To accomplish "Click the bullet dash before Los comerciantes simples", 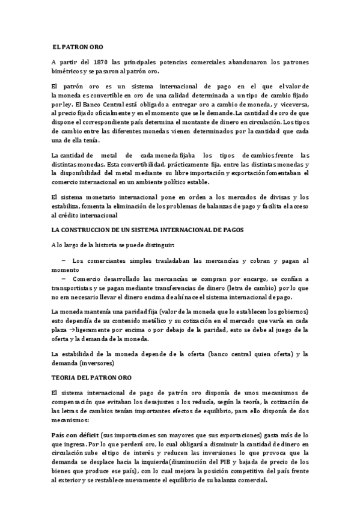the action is [x=63, y=260].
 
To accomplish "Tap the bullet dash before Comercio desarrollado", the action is [x=63, y=279].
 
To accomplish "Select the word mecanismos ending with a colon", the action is [x=70, y=420].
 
